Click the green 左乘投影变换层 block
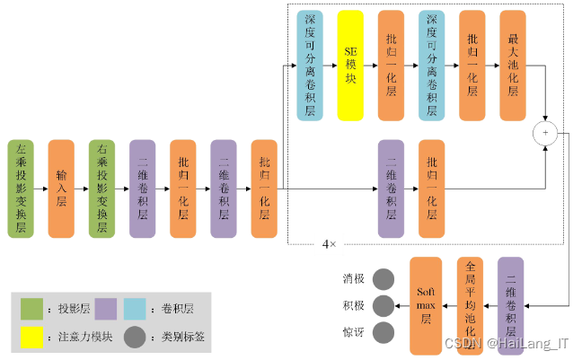(x=22, y=189)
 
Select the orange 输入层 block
(x=61, y=189)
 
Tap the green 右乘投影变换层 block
(x=102, y=189)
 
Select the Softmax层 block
(x=427, y=305)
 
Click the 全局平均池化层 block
(x=470, y=305)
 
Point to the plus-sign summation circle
(x=545, y=133)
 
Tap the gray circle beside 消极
(x=384, y=278)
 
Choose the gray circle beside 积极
(x=384, y=305)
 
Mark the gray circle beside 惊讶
(x=384, y=333)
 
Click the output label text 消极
(x=354, y=278)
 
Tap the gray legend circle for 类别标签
(x=136, y=338)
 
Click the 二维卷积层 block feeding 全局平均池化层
(x=511, y=305)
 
